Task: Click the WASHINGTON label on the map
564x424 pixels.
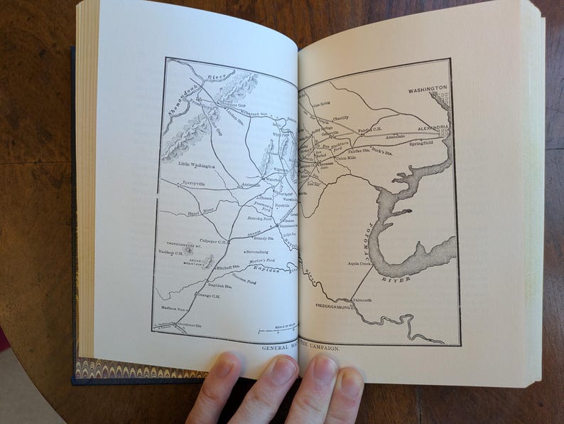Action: [x=428, y=89]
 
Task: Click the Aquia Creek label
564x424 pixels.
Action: [x=359, y=263]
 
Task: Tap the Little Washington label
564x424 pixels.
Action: [x=198, y=165]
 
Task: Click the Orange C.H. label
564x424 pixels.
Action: [x=208, y=296]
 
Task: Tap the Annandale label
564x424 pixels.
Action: [x=395, y=136]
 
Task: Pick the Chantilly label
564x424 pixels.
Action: [x=340, y=118]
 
